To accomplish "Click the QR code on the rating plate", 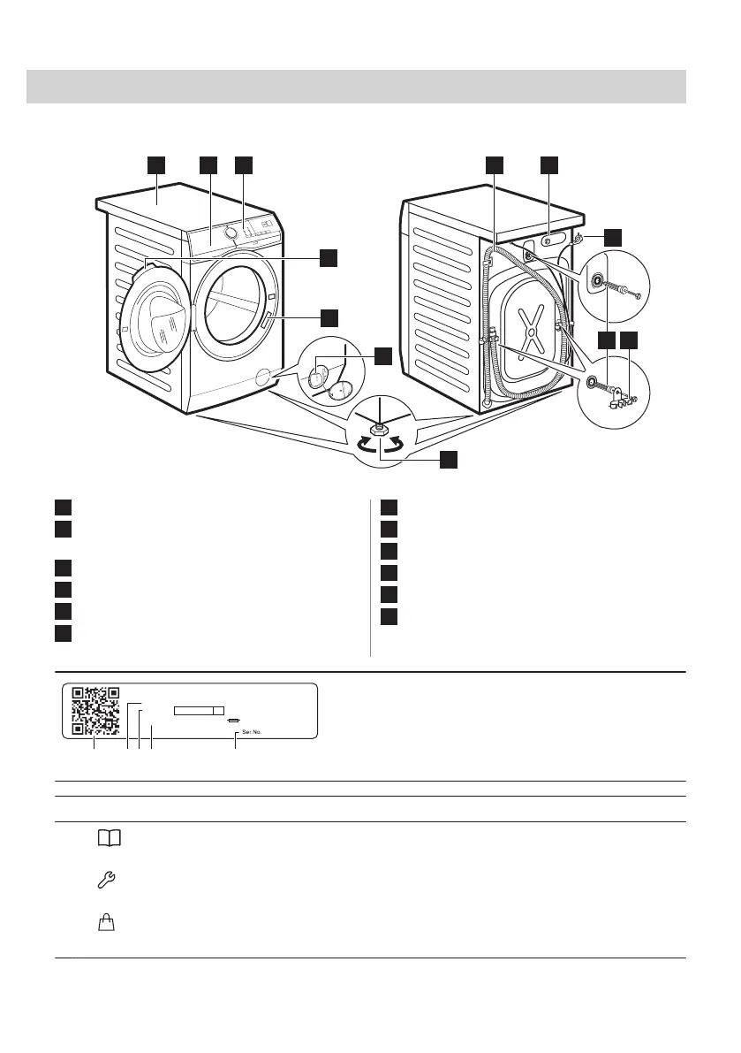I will click(x=95, y=711).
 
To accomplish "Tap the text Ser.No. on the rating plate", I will click(x=253, y=732).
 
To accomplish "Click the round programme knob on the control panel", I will click(x=231, y=233).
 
